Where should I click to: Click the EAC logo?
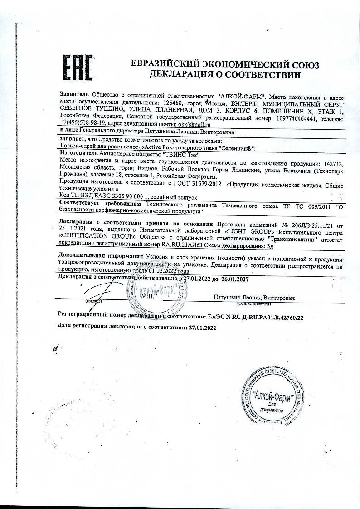(77, 69)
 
